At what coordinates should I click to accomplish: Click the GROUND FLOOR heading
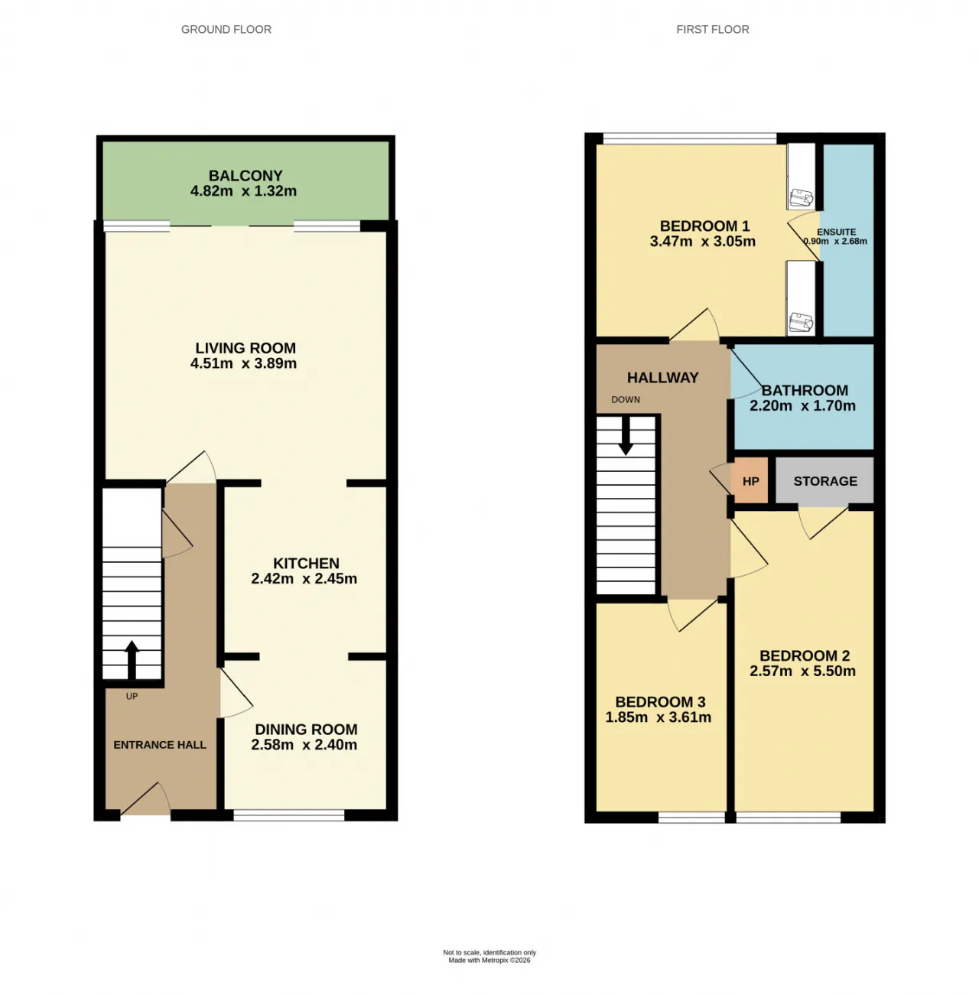click(226, 29)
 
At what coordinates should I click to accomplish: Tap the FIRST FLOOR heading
click(712, 29)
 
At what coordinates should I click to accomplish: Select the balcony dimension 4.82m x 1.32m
click(243, 191)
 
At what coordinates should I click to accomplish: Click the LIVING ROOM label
click(246, 348)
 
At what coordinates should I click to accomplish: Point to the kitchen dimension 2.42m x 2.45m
click(304, 578)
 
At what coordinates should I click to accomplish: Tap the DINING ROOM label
click(306, 729)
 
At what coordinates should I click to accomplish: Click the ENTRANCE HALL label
click(160, 745)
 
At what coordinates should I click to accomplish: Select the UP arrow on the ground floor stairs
click(132, 660)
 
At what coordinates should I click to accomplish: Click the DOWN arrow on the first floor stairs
click(626, 436)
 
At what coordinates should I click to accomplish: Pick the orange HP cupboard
click(750, 481)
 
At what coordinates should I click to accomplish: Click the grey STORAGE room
click(825, 481)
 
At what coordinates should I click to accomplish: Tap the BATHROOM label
click(805, 390)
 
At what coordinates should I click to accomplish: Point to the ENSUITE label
click(837, 232)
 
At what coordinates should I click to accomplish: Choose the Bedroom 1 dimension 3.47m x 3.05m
click(703, 241)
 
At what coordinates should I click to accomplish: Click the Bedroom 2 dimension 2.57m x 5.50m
click(802, 671)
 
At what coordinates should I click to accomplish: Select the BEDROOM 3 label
click(660, 702)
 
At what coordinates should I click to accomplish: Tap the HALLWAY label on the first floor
click(663, 378)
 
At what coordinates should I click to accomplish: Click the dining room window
click(289, 815)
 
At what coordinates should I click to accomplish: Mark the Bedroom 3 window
click(691, 817)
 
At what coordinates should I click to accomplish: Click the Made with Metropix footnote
click(489, 961)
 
